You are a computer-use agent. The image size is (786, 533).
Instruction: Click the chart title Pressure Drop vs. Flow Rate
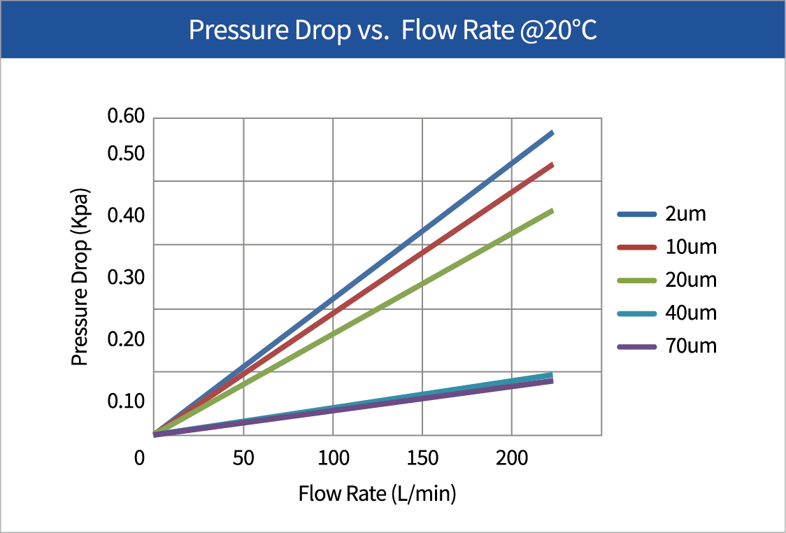392,31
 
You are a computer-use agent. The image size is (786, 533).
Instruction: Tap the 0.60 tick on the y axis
126,117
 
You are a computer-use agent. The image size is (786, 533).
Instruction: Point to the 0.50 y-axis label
126,154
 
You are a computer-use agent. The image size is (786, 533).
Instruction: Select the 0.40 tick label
126,215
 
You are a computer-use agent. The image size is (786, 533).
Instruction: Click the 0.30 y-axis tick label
126,278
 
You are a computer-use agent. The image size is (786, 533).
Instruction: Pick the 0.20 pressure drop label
126,339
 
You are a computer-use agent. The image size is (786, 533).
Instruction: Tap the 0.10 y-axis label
126,401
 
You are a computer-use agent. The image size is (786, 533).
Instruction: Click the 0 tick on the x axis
141,459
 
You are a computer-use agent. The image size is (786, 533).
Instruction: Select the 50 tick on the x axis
243,459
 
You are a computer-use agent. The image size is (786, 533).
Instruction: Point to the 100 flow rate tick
333,459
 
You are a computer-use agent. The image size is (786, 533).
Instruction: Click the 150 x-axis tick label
422,459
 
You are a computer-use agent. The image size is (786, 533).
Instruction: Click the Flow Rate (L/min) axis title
377,494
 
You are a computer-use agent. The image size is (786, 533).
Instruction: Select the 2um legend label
686,214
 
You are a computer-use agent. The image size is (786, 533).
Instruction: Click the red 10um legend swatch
636,247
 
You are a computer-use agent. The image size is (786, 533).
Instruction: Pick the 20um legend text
691,280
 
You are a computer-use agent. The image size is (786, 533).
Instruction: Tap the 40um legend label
691,313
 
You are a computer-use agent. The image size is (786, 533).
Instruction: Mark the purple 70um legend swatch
636,346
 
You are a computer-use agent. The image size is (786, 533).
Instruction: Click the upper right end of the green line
552,211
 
